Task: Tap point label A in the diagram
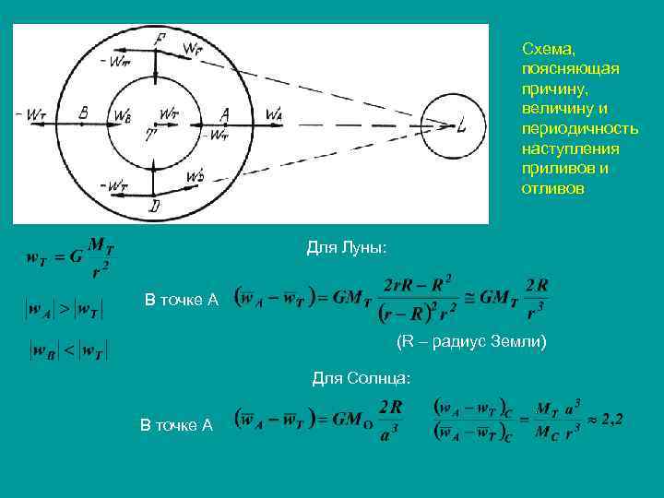pos(224,113)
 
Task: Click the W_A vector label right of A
pos(274,113)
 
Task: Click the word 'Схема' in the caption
pos(548,49)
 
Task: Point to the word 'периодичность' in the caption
pos(579,129)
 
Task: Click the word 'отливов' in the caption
pos(551,189)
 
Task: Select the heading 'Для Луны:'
pos(346,248)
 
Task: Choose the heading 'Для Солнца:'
pos(361,378)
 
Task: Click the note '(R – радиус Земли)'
pos(471,342)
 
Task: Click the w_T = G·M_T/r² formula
pos(69,256)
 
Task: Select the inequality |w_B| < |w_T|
pos(69,350)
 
